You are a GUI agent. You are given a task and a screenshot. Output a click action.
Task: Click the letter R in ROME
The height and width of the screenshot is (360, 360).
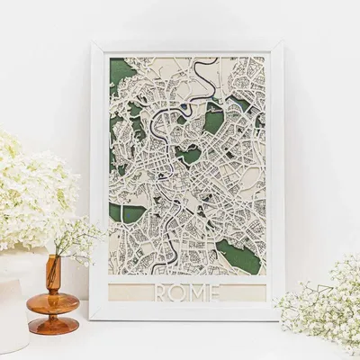[163, 293]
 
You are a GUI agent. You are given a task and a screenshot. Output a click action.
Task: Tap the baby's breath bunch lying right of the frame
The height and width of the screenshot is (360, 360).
[319, 301]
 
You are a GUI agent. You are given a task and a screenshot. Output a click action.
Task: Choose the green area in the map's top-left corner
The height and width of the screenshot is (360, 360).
[118, 72]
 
